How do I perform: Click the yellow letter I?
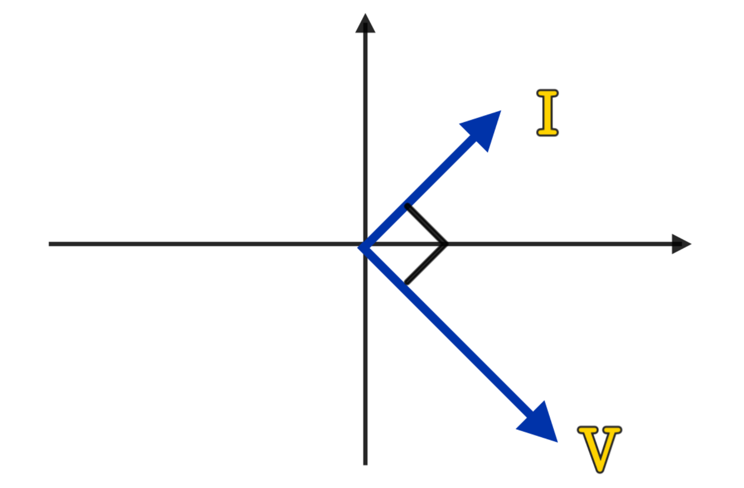click(547, 113)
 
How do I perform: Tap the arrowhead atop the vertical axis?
click(365, 24)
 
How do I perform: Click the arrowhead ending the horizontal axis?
click(681, 244)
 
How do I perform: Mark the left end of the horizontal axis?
click(49, 244)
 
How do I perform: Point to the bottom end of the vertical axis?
click(365, 464)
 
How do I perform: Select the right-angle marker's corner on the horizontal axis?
click(446, 245)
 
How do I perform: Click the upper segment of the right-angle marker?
click(426, 225)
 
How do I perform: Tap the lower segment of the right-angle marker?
click(426, 264)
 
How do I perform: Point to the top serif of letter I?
click(547, 93)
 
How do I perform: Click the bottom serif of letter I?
click(547, 133)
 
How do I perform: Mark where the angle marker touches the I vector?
click(407, 206)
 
